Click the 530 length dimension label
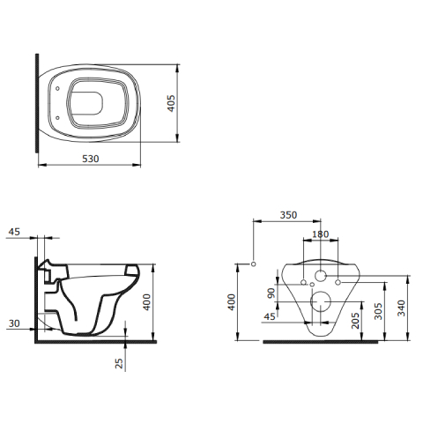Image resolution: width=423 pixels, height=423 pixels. (x=91, y=159)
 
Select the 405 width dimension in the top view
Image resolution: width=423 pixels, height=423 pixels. (x=171, y=103)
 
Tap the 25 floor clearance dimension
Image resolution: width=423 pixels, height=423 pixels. (x=119, y=364)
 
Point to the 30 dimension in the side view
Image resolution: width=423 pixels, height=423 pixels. (x=14, y=323)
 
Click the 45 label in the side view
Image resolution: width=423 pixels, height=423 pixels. (x=14, y=232)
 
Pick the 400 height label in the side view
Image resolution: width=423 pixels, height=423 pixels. (x=146, y=302)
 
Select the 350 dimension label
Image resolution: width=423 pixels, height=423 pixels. (x=288, y=215)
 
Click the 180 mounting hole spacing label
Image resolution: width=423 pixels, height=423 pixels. (x=320, y=234)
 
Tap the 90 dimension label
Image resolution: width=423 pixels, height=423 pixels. (x=271, y=293)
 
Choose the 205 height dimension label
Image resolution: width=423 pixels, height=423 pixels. (x=355, y=321)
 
